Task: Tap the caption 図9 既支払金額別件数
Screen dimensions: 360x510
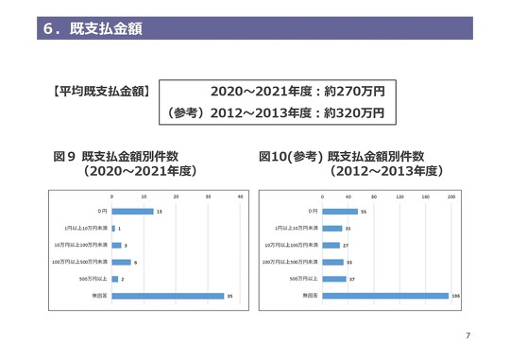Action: coord(117,155)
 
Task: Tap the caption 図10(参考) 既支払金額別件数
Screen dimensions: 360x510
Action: coord(342,155)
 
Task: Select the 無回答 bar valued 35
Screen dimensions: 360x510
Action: coord(167,297)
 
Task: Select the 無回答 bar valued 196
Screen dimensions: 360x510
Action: coord(384,297)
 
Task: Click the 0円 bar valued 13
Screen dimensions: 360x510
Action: coord(131,211)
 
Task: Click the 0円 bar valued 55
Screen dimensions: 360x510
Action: coord(339,211)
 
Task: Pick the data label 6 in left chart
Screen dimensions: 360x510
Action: coord(136,263)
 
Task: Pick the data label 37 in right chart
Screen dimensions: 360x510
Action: coord(351,280)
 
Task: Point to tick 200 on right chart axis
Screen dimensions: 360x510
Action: coord(450,197)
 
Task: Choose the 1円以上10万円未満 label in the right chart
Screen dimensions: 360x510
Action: coord(296,228)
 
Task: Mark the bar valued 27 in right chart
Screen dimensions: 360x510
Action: coord(330,245)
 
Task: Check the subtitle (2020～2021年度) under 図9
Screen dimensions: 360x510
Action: coord(139,172)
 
